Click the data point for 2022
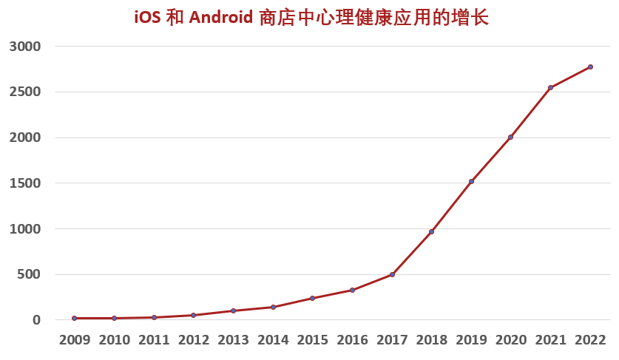(590, 67)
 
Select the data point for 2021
(550, 87)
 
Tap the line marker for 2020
(510, 137)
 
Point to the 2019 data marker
(471, 181)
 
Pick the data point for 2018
(431, 231)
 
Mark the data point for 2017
(392, 274)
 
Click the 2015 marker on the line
(312, 298)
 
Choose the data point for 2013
(233, 310)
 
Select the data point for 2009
(74, 318)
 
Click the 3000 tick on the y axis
(25, 46)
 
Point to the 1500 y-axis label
(25, 183)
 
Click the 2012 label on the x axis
(193, 340)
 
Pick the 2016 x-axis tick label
(352, 340)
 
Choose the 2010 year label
(114, 340)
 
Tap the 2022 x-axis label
(590, 340)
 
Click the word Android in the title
(221, 18)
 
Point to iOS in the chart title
(147, 18)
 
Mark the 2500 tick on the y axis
(25, 92)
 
